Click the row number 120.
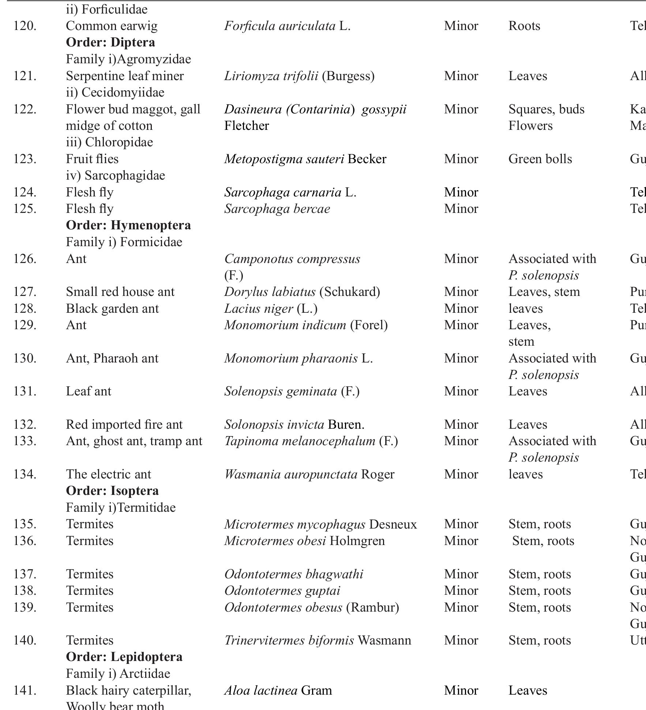pos(25,26)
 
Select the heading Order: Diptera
pos(110,42)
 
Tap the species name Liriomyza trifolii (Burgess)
pos(299,76)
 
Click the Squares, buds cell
pos(546,109)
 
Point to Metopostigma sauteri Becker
pos(305,159)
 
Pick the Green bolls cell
pos(540,159)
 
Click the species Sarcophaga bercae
pos(277,209)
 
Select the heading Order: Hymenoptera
pos(128,225)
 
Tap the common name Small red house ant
pos(120,292)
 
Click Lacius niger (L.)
pos(270,309)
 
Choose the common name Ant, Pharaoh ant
pos(112,358)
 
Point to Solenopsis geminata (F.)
pos(292,391)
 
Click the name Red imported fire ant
pos(124,425)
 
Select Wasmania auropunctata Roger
pos(309,474)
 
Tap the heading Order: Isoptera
pos(112,491)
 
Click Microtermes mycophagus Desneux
pos(320,524)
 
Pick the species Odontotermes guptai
pos(282,591)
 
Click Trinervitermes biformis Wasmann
pos(317,640)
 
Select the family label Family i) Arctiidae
pos(118,674)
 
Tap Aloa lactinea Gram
pos(278,691)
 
